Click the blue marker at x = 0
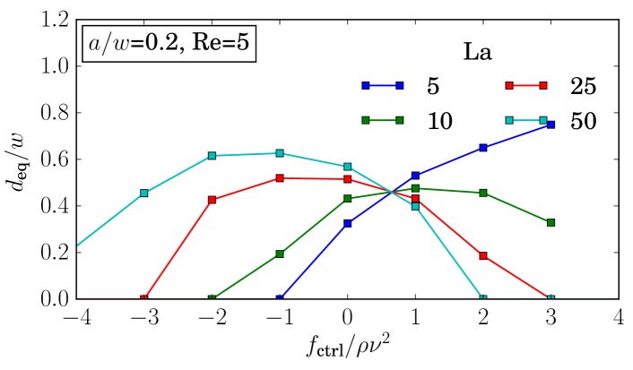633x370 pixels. tap(347, 223)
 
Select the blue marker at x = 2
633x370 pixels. tap(483, 148)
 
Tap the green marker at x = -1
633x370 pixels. tap(280, 254)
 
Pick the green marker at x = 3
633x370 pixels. tap(551, 222)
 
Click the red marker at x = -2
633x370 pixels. tap(212, 200)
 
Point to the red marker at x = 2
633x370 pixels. tap(483, 255)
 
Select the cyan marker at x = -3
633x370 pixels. tap(144, 193)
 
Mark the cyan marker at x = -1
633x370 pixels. tap(280, 153)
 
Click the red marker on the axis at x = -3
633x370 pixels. tap(144, 298)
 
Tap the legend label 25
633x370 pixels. tap(582, 86)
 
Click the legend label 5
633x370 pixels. tap(434, 86)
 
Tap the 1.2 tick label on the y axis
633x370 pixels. tap(55, 21)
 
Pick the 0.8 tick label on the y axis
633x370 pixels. tap(55, 114)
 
